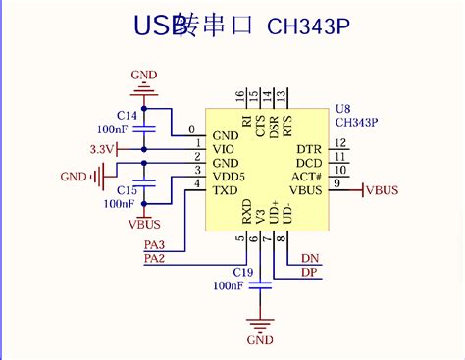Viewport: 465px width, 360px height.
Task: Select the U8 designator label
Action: tap(343, 109)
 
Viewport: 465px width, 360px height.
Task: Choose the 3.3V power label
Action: tap(103, 149)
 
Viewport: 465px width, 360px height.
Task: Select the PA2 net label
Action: tap(154, 258)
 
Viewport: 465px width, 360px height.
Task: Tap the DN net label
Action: tap(309, 258)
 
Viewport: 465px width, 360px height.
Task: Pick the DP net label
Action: tap(309, 272)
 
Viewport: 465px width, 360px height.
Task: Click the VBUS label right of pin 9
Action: tap(382, 190)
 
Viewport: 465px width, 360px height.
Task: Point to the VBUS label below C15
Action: tap(145, 223)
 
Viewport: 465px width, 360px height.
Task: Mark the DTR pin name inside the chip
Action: tap(308, 149)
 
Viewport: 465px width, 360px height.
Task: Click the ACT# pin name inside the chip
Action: tap(306, 176)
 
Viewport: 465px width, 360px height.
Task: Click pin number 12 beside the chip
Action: tap(340, 143)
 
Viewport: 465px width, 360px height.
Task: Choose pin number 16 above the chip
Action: tap(238, 96)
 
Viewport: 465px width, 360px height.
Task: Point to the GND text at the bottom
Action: tap(260, 340)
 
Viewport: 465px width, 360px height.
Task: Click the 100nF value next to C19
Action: tap(228, 285)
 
